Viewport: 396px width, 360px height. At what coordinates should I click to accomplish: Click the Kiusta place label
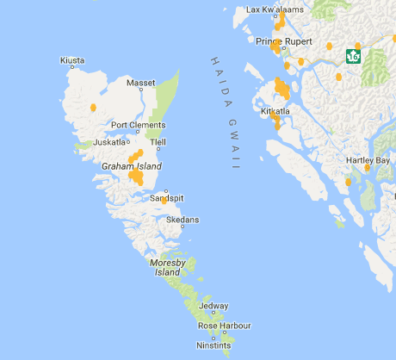[x=72, y=60]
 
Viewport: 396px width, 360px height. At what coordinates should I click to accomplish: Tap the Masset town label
[x=140, y=84]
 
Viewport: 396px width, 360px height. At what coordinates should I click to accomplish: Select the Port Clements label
[x=137, y=126]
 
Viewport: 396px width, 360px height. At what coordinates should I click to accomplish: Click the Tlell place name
[x=158, y=142]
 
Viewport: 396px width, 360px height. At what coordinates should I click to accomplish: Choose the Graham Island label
[x=131, y=165]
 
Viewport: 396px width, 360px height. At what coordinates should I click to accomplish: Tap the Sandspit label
[x=166, y=198]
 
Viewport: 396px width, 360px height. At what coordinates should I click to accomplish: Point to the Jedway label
[x=213, y=306]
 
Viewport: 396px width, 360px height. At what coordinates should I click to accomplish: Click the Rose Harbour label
[x=224, y=326]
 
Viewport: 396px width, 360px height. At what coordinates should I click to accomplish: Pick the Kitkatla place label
[x=278, y=111]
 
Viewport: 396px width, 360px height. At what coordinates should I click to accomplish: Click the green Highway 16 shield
[x=352, y=56]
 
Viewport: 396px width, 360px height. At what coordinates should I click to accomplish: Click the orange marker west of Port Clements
[x=93, y=108]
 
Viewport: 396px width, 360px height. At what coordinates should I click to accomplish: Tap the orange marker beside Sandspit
[x=164, y=200]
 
